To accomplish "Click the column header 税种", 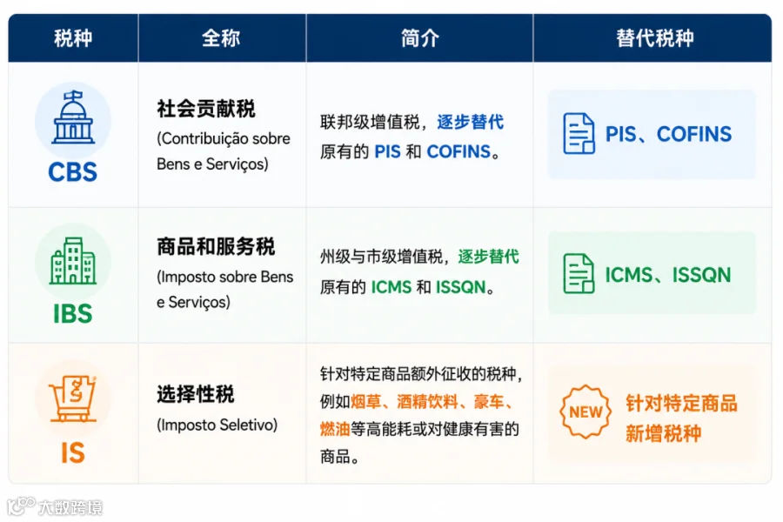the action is click(x=73, y=38).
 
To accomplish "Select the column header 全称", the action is click(x=221, y=38).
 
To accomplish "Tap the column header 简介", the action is click(x=419, y=38).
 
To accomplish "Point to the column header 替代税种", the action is click(x=654, y=38).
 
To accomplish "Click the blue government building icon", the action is click(x=73, y=117).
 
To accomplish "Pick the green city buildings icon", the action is click(x=73, y=261).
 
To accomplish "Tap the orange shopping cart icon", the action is click(x=73, y=398).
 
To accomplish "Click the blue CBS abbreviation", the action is click(x=73, y=172).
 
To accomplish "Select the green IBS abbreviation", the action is click(x=73, y=314).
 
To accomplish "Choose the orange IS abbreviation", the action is click(x=73, y=453).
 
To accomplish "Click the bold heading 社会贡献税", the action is click(x=205, y=109).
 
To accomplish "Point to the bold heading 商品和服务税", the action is click(x=216, y=246).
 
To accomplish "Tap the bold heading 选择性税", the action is click(x=195, y=394).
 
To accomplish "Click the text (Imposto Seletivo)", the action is click(x=217, y=425).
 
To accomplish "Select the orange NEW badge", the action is click(x=586, y=412).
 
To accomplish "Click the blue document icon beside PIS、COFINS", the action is click(x=579, y=133).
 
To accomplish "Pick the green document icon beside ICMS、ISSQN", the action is click(x=579, y=273).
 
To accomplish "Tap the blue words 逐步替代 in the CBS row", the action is click(x=471, y=122).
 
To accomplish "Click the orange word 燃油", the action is click(x=335, y=429).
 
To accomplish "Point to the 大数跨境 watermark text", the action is click(x=70, y=507).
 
